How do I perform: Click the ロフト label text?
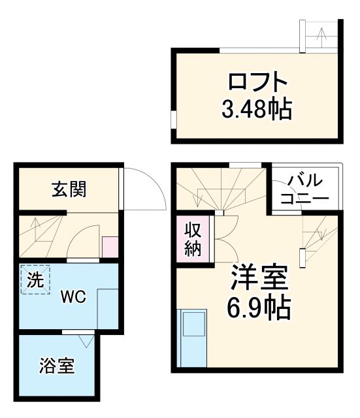coord(257,82)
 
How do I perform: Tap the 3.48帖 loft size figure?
coord(257,108)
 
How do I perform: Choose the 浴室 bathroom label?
coord(56,366)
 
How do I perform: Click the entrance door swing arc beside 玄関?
coord(144,189)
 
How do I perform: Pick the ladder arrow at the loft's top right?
coord(321,37)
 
